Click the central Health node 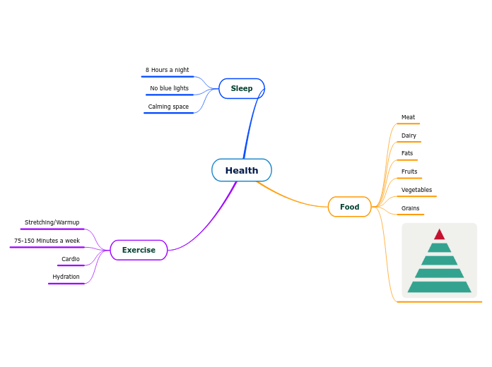[x=242, y=170]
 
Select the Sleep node [x=242, y=88]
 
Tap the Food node [x=349, y=207]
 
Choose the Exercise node [x=139, y=250]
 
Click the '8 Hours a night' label [x=167, y=70]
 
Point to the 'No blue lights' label [x=169, y=88]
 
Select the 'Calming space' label [x=168, y=107]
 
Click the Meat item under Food [x=408, y=117]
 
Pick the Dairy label [x=409, y=136]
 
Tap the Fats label [x=407, y=153]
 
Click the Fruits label [x=409, y=172]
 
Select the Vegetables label [x=416, y=190]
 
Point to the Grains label [x=410, y=208]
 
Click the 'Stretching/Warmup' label [x=52, y=222]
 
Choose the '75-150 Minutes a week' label [x=47, y=241]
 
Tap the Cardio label [x=71, y=259]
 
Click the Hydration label [x=66, y=277]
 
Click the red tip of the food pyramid [x=440, y=235]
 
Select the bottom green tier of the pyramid [x=439, y=287]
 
